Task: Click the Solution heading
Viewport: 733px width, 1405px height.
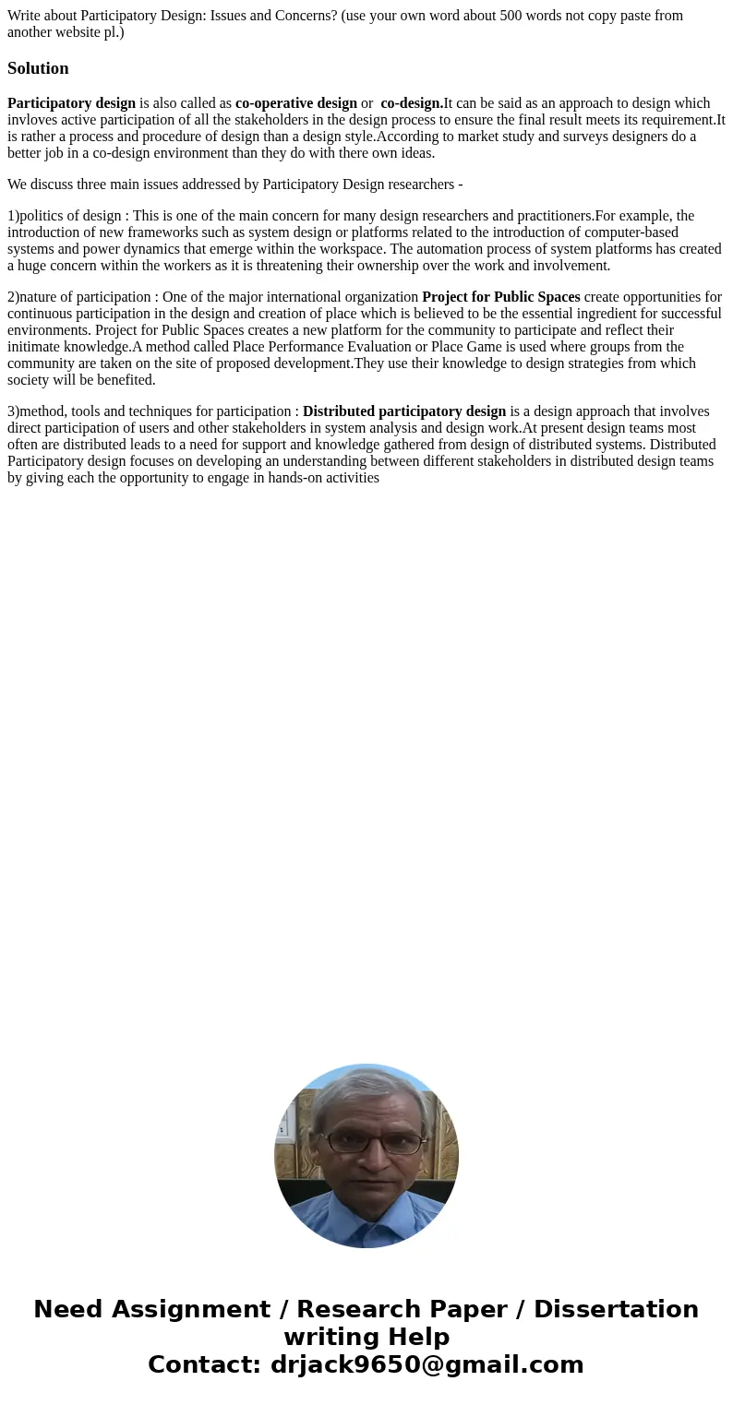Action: point(38,68)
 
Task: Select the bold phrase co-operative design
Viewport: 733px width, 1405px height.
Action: point(295,103)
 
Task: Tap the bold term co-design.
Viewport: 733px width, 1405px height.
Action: point(412,103)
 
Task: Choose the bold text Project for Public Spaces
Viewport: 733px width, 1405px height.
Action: point(500,297)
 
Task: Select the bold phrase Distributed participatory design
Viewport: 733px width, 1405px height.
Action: point(404,411)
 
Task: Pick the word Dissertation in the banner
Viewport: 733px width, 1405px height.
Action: point(616,1310)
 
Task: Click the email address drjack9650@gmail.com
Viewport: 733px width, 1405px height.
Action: point(427,1365)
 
